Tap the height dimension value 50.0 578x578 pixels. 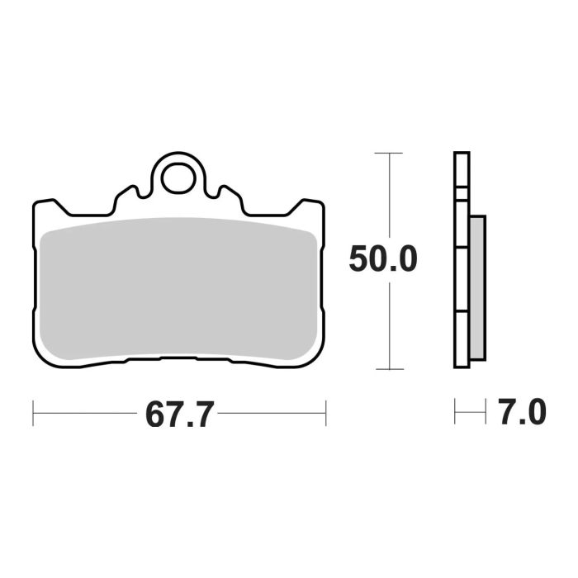(382, 260)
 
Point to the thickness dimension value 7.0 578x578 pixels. (522, 412)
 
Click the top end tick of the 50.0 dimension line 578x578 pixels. (388, 153)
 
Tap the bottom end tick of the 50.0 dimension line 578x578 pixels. (388, 369)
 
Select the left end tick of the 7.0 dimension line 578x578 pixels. (455, 412)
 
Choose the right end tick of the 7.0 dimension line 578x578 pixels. (486, 412)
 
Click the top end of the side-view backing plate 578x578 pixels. (462, 154)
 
